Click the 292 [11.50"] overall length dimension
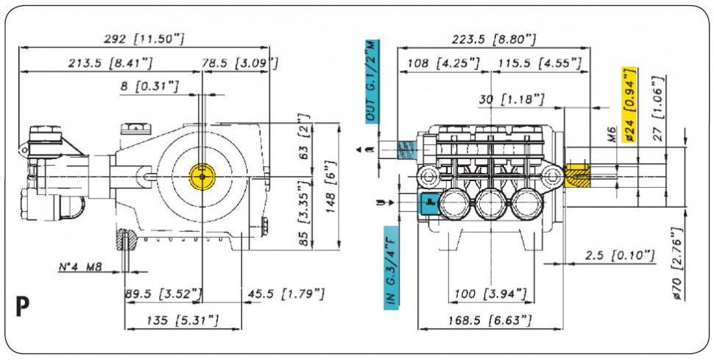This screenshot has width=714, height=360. [x=144, y=39]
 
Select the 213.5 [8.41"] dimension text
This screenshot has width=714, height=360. [x=110, y=63]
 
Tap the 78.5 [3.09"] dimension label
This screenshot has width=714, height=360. [x=239, y=63]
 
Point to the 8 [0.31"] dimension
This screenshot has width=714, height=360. [x=149, y=85]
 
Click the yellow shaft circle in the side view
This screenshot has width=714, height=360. [x=202, y=177]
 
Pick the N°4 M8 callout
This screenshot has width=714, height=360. [x=80, y=267]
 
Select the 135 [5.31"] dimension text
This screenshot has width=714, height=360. [x=183, y=320]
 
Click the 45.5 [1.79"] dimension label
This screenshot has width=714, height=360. [x=286, y=294]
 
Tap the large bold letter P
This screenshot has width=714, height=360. [x=22, y=307]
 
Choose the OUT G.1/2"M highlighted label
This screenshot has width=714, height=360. [x=372, y=81]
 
